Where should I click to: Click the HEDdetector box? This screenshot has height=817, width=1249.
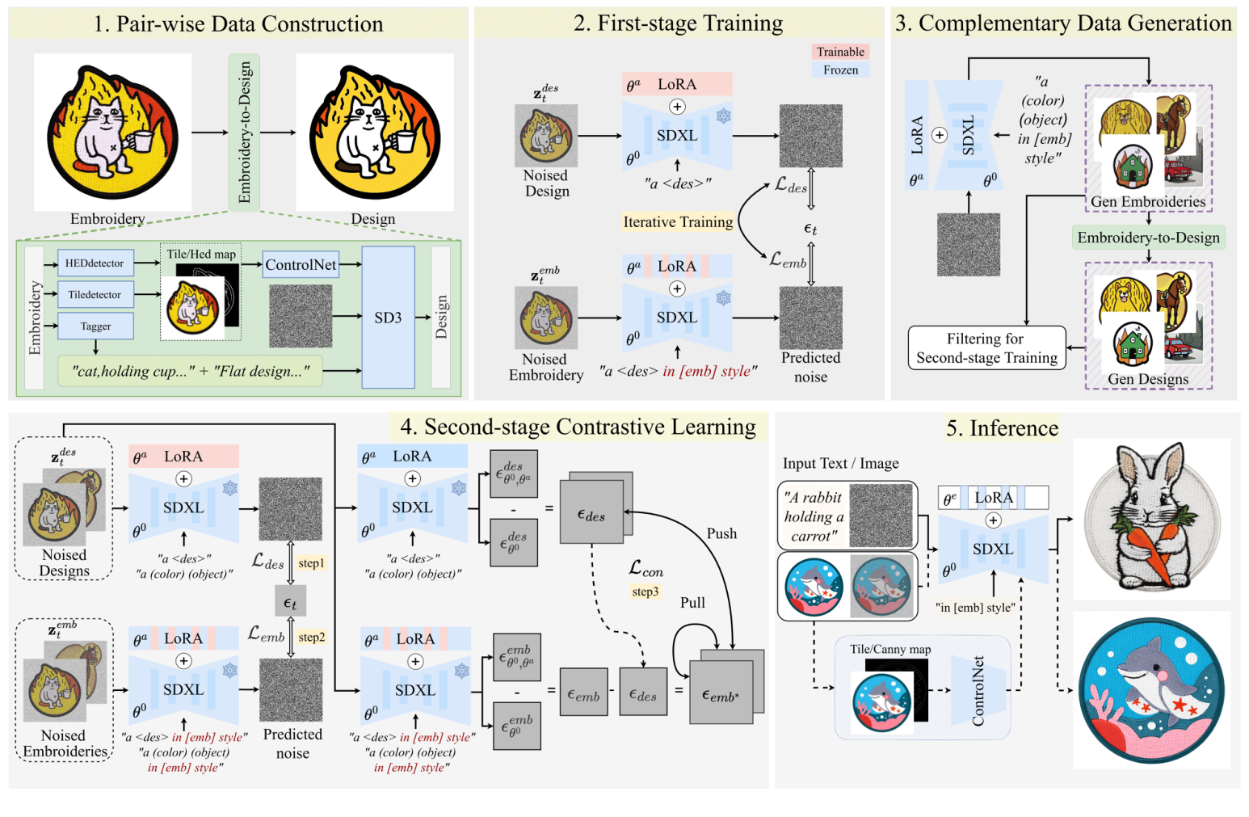[x=95, y=263]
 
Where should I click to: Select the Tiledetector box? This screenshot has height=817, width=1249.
[x=95, y=295]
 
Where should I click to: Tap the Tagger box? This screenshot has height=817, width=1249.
[x=95, y=326]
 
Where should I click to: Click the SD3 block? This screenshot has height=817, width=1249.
[x=388, y=318]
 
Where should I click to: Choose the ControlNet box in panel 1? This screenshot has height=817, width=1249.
[x=301, y=265]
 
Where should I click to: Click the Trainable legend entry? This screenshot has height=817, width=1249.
[x=840, y=52]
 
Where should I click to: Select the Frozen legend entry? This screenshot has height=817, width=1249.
[x=840, y=70]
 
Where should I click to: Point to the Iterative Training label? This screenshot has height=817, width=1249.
[x=678, y=222]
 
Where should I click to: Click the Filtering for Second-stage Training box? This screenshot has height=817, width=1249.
[x=986, y=348]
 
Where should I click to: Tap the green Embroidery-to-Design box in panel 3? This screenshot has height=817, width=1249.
[x=1148, y=238]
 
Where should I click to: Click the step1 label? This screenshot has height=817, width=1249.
[x=311, y=563]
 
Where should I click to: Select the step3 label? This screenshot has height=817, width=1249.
[x=645, y=592]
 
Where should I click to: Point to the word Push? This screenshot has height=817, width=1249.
[x=721, y=533]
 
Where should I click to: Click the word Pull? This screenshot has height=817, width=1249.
[x=692, y=603]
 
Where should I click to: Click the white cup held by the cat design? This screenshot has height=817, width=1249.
[x=403, y=142]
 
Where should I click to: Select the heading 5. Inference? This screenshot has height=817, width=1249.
[x=1002, y=427]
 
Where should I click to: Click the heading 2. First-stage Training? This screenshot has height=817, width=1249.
[x=678, y=23]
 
